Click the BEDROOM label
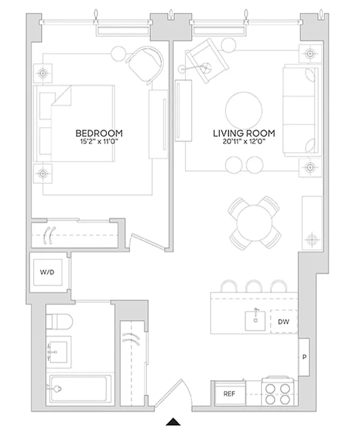point(98,133)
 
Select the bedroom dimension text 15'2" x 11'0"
point(98,142)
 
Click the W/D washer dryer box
point(48,272)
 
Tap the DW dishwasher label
point(283,322)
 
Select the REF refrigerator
point(229,394)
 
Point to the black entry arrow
point(173,422)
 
